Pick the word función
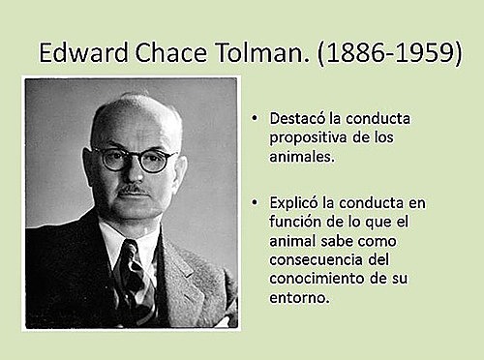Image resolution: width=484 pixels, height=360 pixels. [296, 222]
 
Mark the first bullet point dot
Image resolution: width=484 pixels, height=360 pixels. [254, 119]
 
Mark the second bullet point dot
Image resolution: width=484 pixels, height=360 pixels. [254, 204]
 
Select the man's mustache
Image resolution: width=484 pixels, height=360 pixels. [135, 191]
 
